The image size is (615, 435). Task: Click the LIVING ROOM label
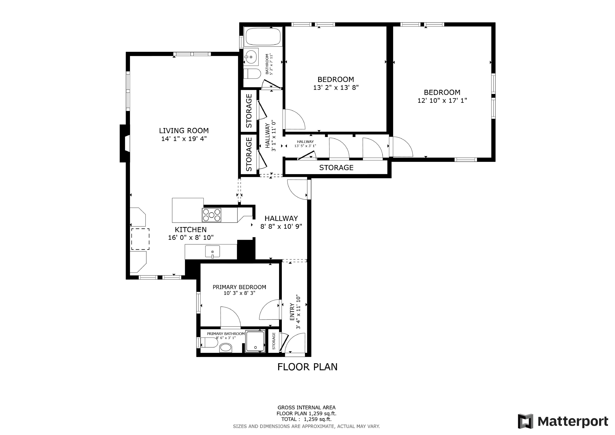pyautogui.click(x=184, y=131)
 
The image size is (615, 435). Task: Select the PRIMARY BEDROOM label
pyautogui.click(x=239, y=287)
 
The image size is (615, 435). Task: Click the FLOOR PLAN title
pyautogui.click(x=307, y=367)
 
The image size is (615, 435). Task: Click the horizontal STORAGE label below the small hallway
pyautogui.click(x=336, y=168)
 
